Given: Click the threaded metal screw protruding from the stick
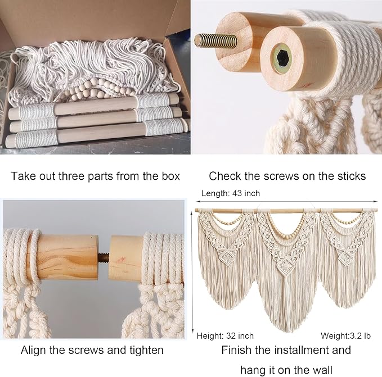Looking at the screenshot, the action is (x=215, y=40).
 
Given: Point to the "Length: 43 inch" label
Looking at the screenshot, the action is (x=231, y=193).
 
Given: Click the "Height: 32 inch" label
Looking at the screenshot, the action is (x=225, y=336).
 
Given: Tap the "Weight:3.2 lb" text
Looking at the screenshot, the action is (x=345, y=336).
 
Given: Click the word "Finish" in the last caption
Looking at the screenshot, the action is (x=236, y=350).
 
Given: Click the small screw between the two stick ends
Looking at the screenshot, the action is (x=104, y=257).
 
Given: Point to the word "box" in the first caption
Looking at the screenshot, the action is (x=171, y=176).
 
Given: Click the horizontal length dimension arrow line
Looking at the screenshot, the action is (x=287, y=201).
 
